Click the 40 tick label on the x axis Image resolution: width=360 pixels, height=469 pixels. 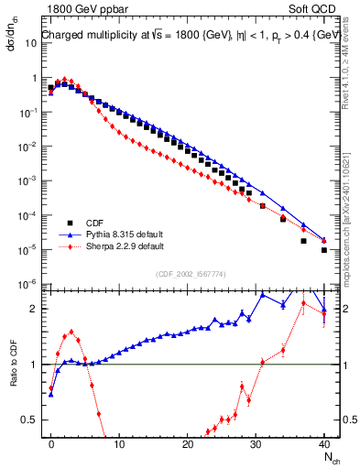(324, 443)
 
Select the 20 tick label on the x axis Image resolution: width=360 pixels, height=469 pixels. (188, 443)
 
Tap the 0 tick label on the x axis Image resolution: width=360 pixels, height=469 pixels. (51, 443)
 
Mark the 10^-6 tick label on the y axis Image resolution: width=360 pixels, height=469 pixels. (27, 284)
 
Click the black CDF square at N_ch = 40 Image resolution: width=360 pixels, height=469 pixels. (324, 249)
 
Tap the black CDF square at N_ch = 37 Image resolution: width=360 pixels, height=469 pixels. (304, 241)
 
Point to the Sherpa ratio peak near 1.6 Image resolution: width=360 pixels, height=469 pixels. (71, 332)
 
